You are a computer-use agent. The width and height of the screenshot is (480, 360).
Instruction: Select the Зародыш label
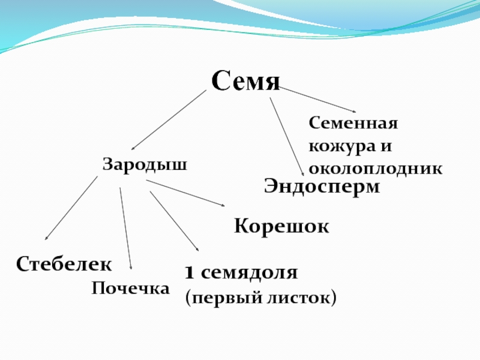[x=144, y=164]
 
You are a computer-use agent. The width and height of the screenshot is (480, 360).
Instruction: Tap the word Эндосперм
[x=322, y=187]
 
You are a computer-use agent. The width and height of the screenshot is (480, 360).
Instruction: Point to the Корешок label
[x=281, y=227]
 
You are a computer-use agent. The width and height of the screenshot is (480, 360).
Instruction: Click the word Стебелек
[x=64, y=263]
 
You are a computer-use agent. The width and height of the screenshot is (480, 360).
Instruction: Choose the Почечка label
[x=130, y=289]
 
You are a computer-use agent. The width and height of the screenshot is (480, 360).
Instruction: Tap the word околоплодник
[x=376, y=169]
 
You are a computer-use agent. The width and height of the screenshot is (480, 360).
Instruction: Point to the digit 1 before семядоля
[x=188, y=274]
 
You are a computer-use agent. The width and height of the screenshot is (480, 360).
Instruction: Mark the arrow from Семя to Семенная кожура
[x=319, y=100]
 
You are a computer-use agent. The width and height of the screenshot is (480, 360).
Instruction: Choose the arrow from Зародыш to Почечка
[x=125, y=228]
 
